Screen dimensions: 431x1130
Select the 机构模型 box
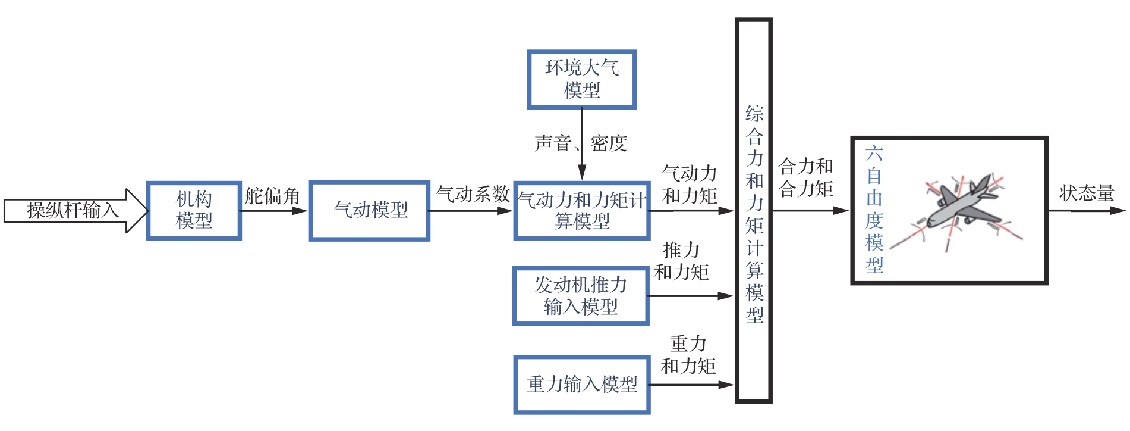[194, 211]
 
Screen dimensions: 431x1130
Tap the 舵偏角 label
[272, 196]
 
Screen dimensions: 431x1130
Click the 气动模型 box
[369, 211]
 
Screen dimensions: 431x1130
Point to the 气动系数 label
[473, 194]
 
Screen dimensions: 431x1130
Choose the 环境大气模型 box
[581, 79]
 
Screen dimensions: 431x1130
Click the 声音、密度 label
[580, 143]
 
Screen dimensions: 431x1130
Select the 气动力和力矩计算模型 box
[581, 211]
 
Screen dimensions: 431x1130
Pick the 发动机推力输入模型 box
[580, 296]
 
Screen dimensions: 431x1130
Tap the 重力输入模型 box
[581, 385]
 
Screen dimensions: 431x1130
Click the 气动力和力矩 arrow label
[690, 185]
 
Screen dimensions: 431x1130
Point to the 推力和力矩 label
[681, 261]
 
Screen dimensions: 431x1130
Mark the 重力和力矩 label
[688, 355]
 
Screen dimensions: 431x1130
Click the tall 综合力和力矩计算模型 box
[754, 211]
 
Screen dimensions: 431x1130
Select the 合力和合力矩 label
[806, 177]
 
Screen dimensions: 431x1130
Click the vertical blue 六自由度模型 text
[874, 210]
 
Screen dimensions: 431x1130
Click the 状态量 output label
[1086, 193]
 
